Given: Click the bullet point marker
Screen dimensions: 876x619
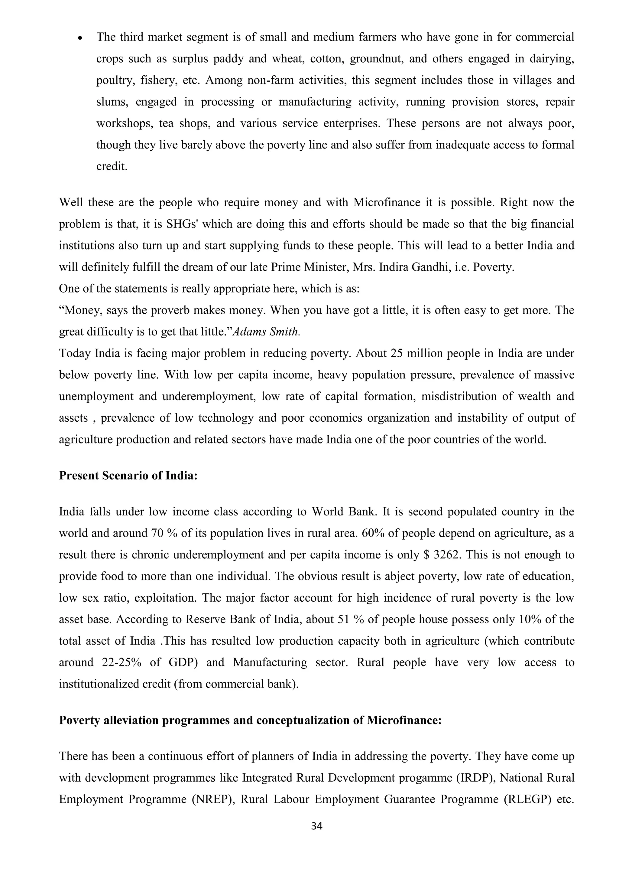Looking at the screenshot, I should pos(80,38).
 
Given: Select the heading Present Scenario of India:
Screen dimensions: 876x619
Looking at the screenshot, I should pos(128,476).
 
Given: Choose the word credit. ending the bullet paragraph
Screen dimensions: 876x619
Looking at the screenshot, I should pos(112,167).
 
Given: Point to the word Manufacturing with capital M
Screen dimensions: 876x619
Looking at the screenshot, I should pos(270,663).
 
